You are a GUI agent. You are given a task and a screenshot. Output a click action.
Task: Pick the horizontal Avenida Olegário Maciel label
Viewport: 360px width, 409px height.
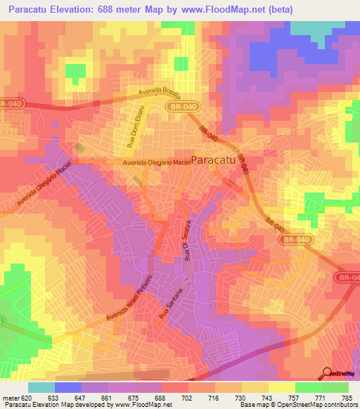[157, 162]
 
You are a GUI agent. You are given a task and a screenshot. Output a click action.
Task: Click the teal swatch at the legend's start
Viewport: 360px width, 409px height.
[41, 387]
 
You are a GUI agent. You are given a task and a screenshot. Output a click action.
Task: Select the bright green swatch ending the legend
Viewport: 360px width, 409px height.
[335, 387]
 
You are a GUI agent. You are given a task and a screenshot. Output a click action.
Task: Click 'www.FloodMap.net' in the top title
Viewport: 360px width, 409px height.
[214, 9]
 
